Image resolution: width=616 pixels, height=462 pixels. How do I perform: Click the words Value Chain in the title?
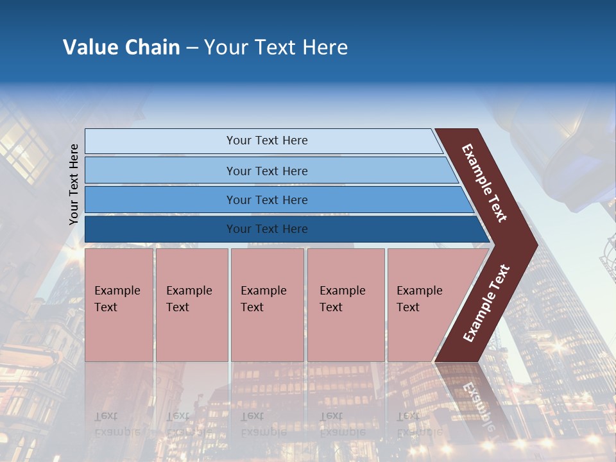[x=121, y=47]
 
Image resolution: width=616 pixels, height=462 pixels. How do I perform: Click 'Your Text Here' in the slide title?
[x=276, y=47]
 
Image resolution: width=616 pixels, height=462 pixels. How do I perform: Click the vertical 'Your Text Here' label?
[x=74, y=185]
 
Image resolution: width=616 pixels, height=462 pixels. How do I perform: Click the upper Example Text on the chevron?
[x=484, y=183]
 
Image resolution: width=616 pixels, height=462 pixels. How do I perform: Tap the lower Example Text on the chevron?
[x=486, y=304]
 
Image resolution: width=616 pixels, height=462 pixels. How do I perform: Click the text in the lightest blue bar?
[x=267, y=141]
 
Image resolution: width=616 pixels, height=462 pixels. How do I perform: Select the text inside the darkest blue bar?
[x=267, y=229]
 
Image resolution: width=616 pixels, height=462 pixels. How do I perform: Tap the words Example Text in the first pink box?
[x=117, y=299]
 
